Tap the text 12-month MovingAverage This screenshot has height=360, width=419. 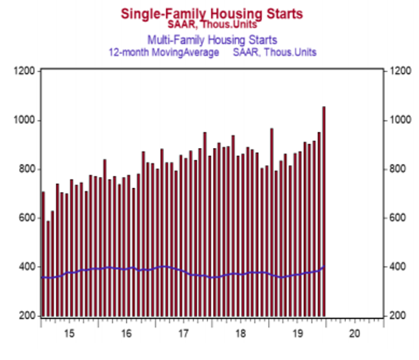click(x=164, y=52)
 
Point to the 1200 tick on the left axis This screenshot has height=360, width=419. click(x=24, y=71)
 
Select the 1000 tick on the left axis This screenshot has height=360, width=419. click(x=24, y=120)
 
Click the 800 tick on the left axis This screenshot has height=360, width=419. click(x=25, y=169)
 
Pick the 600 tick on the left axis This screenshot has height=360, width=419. click(x=25, y=218)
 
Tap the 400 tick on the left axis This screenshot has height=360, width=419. click(x=25, y=267)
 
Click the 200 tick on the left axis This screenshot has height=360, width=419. click(x=25, y=316)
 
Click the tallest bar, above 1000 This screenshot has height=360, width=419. click(x=324, y=207)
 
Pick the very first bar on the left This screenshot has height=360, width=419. click(x=43, y=255)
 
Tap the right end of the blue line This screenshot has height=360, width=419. click(x=324, y=267)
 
